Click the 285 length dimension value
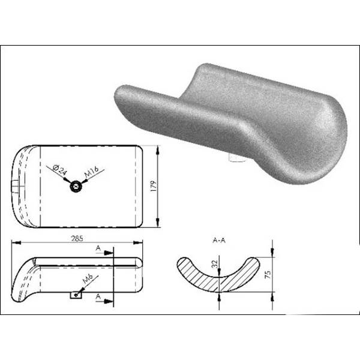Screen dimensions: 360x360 [x=77, y=239]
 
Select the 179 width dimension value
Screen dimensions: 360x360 [x=154, y=187]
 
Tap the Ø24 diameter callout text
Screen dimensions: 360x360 [x=59, y=170]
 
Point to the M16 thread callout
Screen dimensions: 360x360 [x=91, y=172]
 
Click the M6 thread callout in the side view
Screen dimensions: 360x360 [x=88, y=279]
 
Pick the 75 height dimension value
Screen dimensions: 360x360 [x=268, y=274]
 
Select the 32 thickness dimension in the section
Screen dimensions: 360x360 [x=214, y=264]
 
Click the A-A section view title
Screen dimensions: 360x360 [x=219, y=241]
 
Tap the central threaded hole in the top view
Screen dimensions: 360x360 [x=76, y=186]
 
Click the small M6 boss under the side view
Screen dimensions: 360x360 [x=76, y=295]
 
